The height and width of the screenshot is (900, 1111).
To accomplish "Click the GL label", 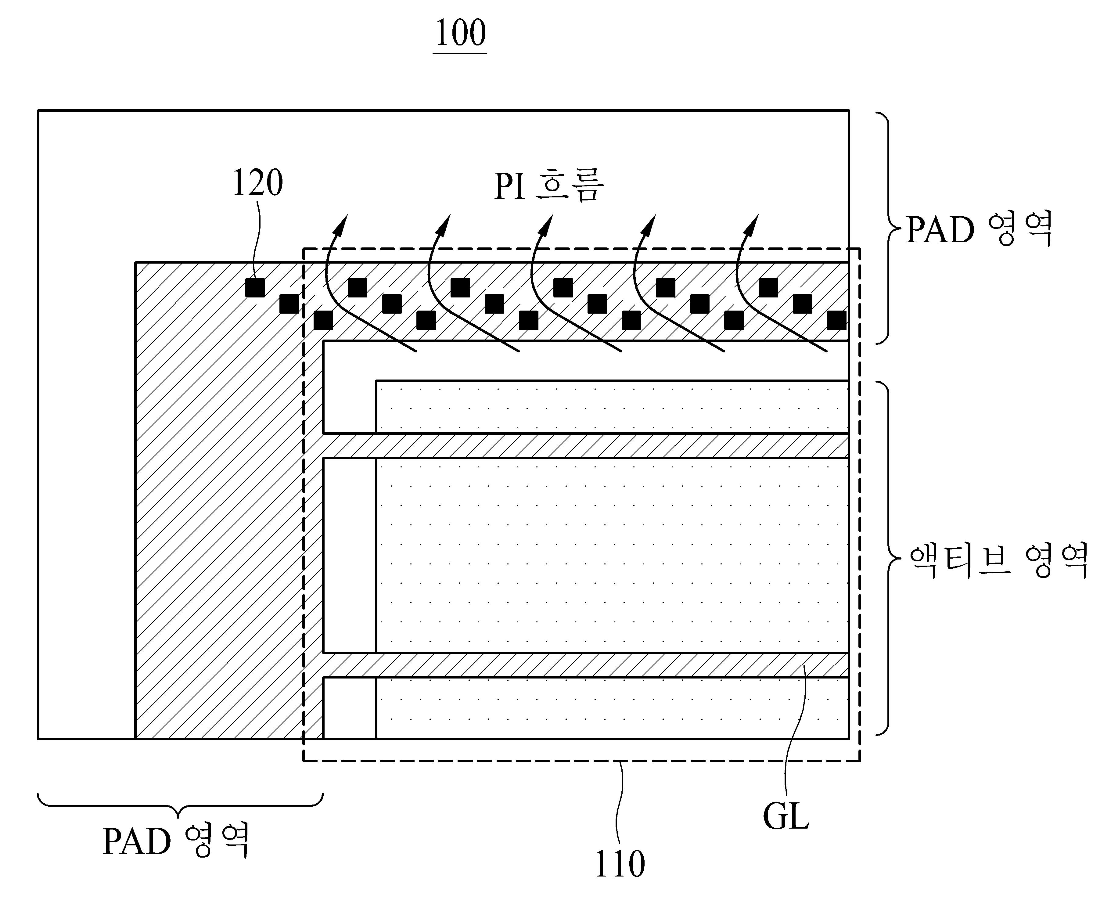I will [786, 816].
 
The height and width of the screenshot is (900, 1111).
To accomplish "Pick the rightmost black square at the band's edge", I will [836, 320].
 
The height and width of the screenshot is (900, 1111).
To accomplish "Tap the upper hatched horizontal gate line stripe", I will [586, 445].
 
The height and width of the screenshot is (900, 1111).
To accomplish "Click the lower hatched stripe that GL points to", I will [586, 665].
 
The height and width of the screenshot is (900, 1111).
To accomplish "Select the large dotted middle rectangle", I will [612, 555].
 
